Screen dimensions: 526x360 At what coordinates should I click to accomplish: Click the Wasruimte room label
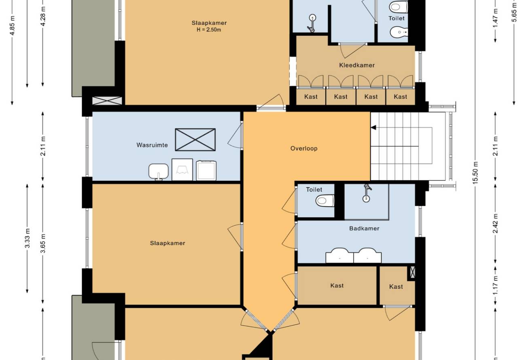152,145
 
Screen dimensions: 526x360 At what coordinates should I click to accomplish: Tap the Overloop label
304,148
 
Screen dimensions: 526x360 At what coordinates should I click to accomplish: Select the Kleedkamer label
357,65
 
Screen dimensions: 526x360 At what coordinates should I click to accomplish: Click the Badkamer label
364,229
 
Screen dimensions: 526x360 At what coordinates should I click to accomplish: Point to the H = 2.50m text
209,30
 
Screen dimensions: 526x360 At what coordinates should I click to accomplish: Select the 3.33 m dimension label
28,238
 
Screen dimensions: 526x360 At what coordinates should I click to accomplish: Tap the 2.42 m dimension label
495,223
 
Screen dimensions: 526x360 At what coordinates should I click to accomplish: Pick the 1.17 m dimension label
495,286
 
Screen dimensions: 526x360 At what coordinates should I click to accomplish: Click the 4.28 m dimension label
43,17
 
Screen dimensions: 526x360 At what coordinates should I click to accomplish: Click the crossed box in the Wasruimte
195,140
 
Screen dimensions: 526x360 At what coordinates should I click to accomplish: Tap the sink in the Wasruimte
159,172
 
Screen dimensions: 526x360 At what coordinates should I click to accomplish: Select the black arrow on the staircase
373,127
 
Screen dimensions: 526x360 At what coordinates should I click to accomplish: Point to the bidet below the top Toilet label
399,32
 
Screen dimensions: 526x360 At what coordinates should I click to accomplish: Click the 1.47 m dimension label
495,21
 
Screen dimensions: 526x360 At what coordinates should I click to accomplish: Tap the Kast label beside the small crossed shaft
396,286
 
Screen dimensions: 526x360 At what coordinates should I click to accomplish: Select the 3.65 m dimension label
43,244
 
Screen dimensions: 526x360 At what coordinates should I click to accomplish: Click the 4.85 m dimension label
13,25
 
